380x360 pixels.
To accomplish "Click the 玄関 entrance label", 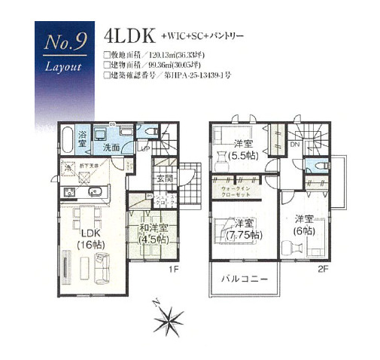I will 163,178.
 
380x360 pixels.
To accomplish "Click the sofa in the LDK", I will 102,264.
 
